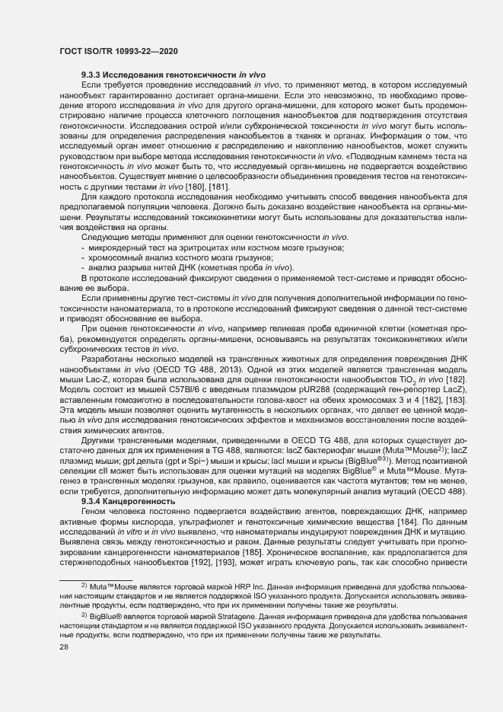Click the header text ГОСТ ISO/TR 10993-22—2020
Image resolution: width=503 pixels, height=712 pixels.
point(119,50)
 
